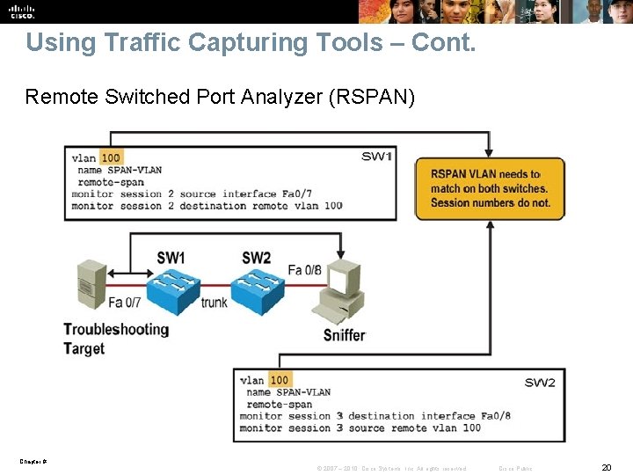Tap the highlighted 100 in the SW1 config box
click(x=111, y=158)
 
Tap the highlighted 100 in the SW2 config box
click(x=279, y=380)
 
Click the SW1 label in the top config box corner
click(x=376, y=157)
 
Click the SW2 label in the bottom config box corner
click(x=540, y=383)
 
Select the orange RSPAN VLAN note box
click(x=490, y=188)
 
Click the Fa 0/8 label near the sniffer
click(x=304, y=270)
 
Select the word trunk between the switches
click(x=214, y=303)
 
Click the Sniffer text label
click(x=344, y=334)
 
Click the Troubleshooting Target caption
click(x=115, y=339)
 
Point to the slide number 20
click(x=606, y=467)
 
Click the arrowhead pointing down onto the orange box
click(x=490, y=152)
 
